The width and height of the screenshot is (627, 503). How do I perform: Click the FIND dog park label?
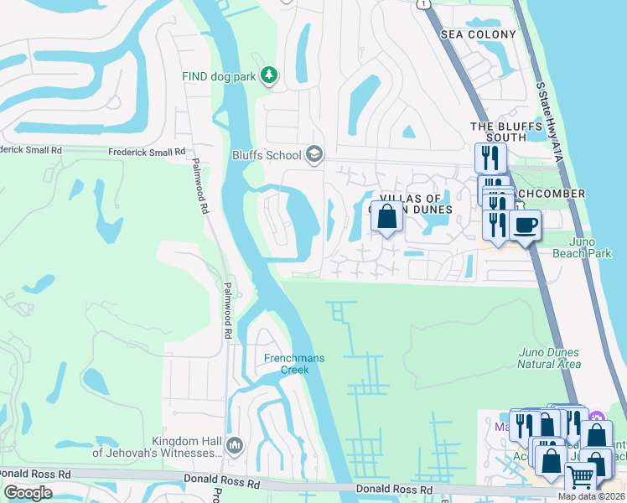click(x=219, y=75)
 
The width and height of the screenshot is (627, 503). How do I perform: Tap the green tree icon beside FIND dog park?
click(x=268, y=75)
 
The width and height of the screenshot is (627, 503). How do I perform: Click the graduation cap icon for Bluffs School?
click(x=313, y=153)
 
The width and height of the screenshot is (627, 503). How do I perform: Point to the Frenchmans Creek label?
click(x=293, y=364)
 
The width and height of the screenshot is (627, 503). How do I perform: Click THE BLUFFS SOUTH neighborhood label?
click(x=498, y=132)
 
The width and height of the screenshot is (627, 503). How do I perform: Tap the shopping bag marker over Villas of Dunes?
click(x=386, y=217)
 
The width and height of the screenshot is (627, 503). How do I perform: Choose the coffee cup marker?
click(x=525, y=225)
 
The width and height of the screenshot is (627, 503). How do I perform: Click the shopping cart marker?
click(x=580, y=477)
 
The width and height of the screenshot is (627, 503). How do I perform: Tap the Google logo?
click(x=28, y=493)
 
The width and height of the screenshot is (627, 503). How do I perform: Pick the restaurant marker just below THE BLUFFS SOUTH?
click(x=490, y=158)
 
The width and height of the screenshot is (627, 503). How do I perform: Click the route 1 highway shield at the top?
click(x=427, y=3)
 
